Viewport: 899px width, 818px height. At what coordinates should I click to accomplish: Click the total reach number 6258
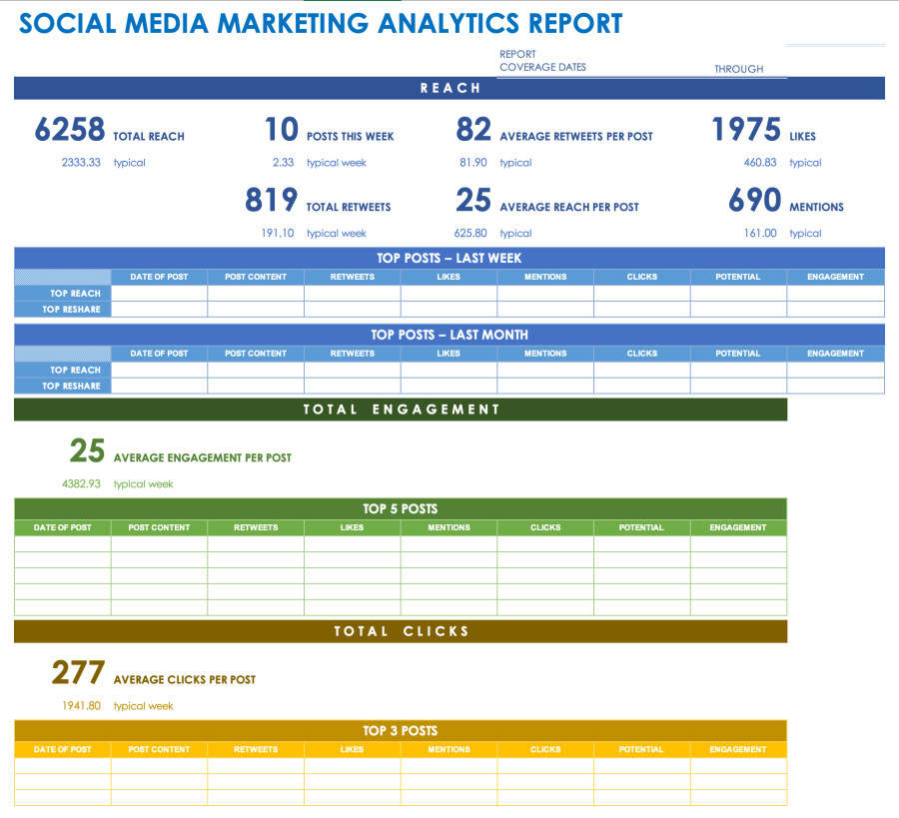69,130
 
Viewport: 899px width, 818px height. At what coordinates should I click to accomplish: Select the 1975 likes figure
745,130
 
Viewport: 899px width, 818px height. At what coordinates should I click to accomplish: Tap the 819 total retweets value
271,201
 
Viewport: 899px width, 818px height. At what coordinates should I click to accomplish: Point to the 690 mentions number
754,201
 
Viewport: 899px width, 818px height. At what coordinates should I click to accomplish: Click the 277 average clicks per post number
78,673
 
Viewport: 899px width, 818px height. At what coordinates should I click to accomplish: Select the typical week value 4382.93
81,484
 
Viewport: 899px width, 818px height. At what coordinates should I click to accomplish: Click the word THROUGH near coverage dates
738,70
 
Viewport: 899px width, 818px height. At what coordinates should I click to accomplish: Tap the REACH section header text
449,89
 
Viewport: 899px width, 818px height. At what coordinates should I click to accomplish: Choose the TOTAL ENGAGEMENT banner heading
401,409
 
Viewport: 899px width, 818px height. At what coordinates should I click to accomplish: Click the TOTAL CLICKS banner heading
401,631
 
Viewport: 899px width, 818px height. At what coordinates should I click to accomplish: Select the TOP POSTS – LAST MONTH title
449,335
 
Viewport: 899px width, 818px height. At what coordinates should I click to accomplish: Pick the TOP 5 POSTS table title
401,509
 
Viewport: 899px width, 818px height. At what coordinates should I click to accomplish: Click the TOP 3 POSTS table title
401,731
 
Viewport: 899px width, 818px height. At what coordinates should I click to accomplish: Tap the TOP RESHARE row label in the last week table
71,310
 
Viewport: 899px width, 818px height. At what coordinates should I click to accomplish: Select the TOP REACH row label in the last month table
75,370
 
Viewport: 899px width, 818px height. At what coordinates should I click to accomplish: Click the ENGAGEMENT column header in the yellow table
738,749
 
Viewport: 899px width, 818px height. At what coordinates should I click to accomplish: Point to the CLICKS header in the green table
545,527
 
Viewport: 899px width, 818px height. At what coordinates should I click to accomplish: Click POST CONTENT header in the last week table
256,277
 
